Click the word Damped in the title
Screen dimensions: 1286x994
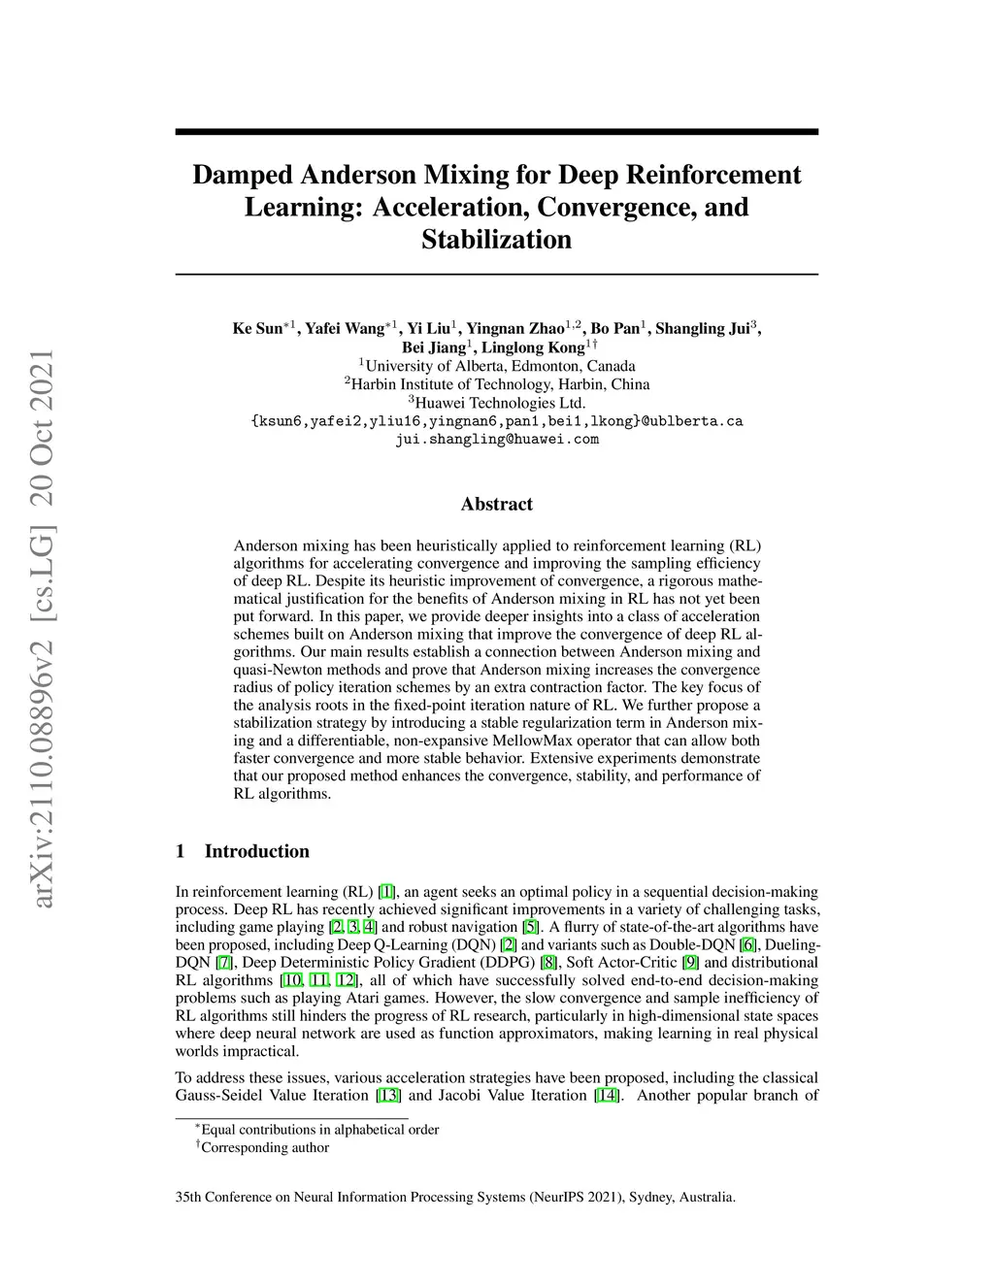(243, 175)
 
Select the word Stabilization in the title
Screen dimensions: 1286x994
(496, 240)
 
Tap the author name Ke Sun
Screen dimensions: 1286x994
(256, 328)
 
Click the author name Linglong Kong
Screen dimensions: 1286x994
(533, 347)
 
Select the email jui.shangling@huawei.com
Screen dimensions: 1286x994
(496, 439)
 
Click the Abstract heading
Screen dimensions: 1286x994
(496, 504)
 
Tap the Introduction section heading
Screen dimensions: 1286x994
(256, 851)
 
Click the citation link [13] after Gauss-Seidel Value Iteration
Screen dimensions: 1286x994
(388, 1096)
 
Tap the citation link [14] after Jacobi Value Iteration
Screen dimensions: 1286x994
(607, 1096)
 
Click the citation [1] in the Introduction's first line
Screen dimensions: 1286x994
(386, 892)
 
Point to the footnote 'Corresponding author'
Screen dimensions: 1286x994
(264, 1147)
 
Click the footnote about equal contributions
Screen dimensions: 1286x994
(319, 1130)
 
